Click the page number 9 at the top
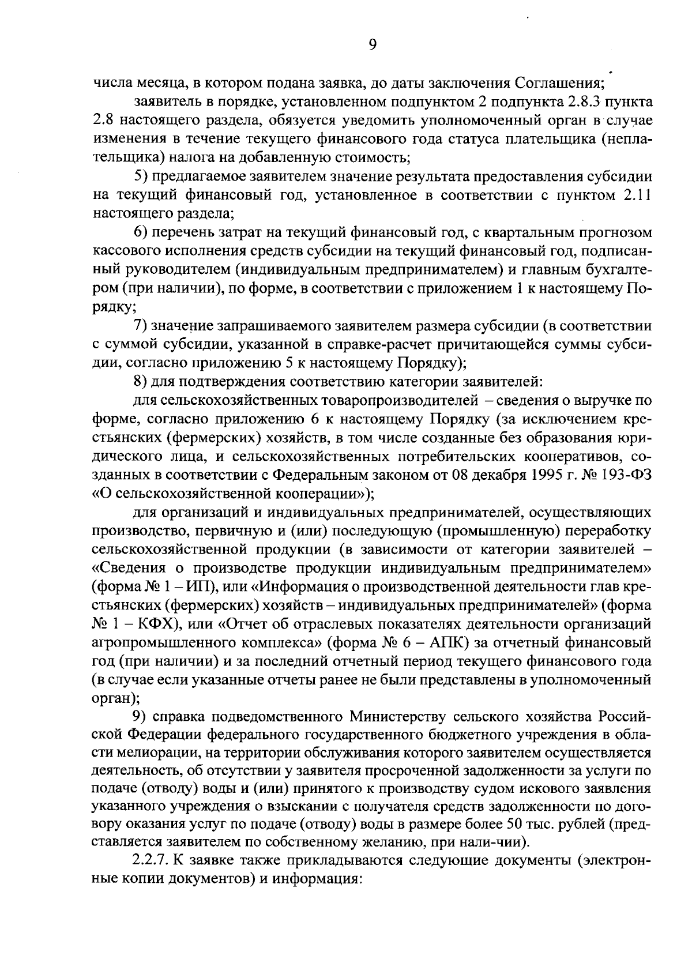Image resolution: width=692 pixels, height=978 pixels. coord(372,46)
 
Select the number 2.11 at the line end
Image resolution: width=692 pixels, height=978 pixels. coord(637,195)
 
